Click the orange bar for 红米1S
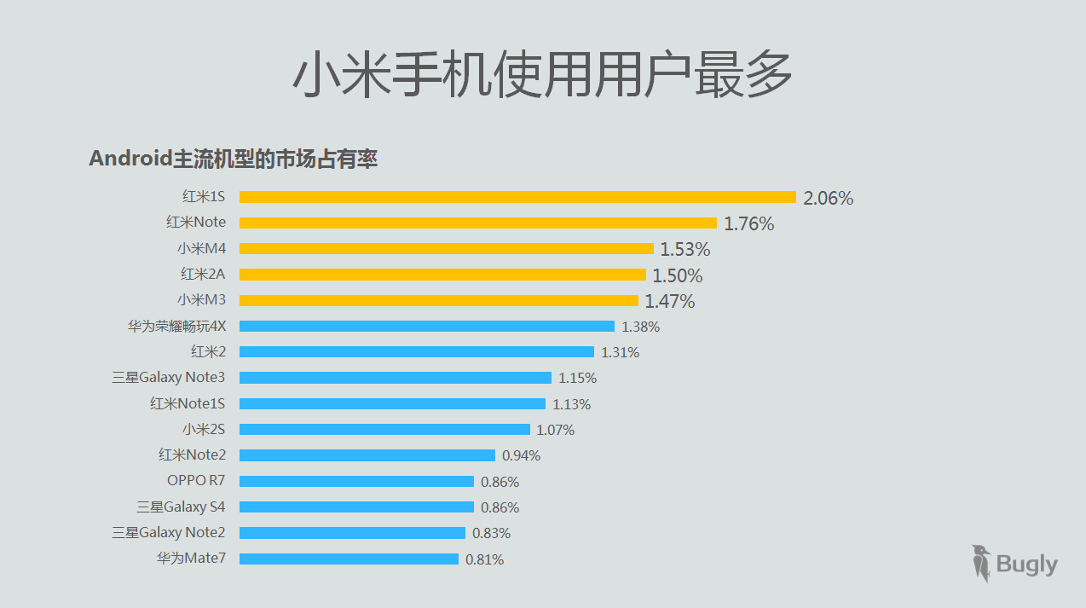[517, 197]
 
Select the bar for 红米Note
[478, 223]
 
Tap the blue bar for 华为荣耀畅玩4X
[427, 326]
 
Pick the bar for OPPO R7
[356, 481]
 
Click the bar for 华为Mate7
[349, 559]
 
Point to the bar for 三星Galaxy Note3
[396, 378]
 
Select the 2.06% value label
[828, 198]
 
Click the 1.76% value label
[749, 223]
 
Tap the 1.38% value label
[640, 327]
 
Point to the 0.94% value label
[521, 455]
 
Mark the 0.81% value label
[484, 559]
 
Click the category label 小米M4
[202, 248]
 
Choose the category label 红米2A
[203, 274]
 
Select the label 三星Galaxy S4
[181, 507]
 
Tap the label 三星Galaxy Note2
[169, 532]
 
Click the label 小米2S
[204, 429]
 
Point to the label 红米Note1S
[188, 403]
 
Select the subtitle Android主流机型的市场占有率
[233, 159]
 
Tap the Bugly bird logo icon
[981, 563]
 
